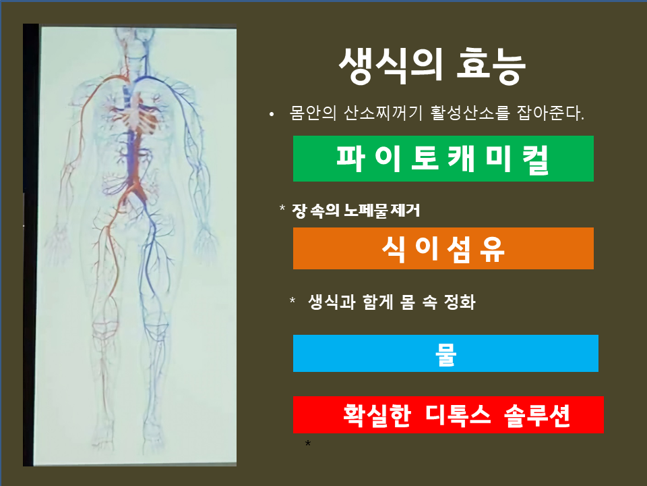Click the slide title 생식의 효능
(x=432, y=66)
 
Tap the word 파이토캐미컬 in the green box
(x=443, y=159)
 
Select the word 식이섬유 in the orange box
(x=443, y=249)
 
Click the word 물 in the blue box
(x=445, y=354)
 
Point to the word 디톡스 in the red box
(x=458, y=415)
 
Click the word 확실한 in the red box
(x=377, y=415)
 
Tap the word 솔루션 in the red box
(x=537, y=415)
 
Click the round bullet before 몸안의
(x=271, y=114)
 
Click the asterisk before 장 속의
(x=282, y=207)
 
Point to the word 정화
(x=460, y=302)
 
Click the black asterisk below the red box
(x=308, y=444)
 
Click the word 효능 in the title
(x=491, y=66)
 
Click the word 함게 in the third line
(x=377, y=302)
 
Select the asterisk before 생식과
(x=292, y=300)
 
